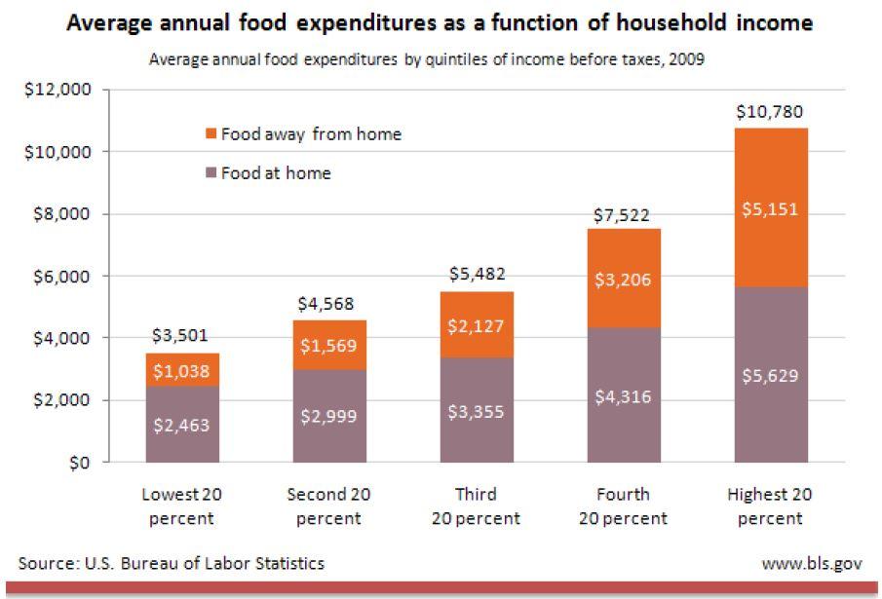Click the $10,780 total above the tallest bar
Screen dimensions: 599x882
770,112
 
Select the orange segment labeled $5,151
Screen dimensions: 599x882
771,207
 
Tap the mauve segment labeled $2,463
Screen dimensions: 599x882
182,425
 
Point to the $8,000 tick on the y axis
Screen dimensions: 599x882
62,214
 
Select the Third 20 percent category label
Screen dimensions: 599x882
476,506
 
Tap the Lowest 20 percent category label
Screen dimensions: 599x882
182,506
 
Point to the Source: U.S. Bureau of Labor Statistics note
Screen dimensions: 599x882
172,563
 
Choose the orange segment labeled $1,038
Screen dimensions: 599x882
182,369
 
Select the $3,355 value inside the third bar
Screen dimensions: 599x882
477,412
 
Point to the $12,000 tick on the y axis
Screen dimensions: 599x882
58,91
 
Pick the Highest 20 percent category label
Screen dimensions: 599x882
770,506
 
